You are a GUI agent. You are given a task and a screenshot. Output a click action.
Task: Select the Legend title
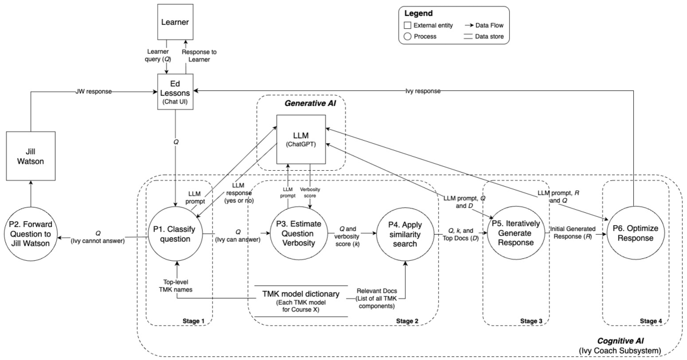418,13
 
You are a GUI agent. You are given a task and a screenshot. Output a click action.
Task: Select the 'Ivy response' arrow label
422,90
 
